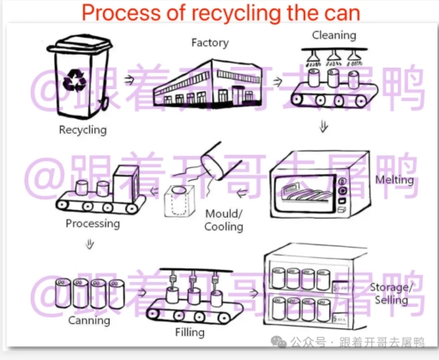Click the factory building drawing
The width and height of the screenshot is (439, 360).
[x=213, y=86]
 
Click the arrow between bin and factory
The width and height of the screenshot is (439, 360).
[x=129, y=78]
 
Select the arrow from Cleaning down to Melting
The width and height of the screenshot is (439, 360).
[x=323, y=127]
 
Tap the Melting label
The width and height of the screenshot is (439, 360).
[x=394, y=180]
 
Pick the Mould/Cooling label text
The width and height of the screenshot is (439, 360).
[x=224, y=220]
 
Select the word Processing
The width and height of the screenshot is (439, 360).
[x=93, y=224]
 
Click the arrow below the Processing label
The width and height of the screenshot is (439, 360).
[x=89, y=246]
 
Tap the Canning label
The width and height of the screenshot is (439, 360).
[x=89, y=321]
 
